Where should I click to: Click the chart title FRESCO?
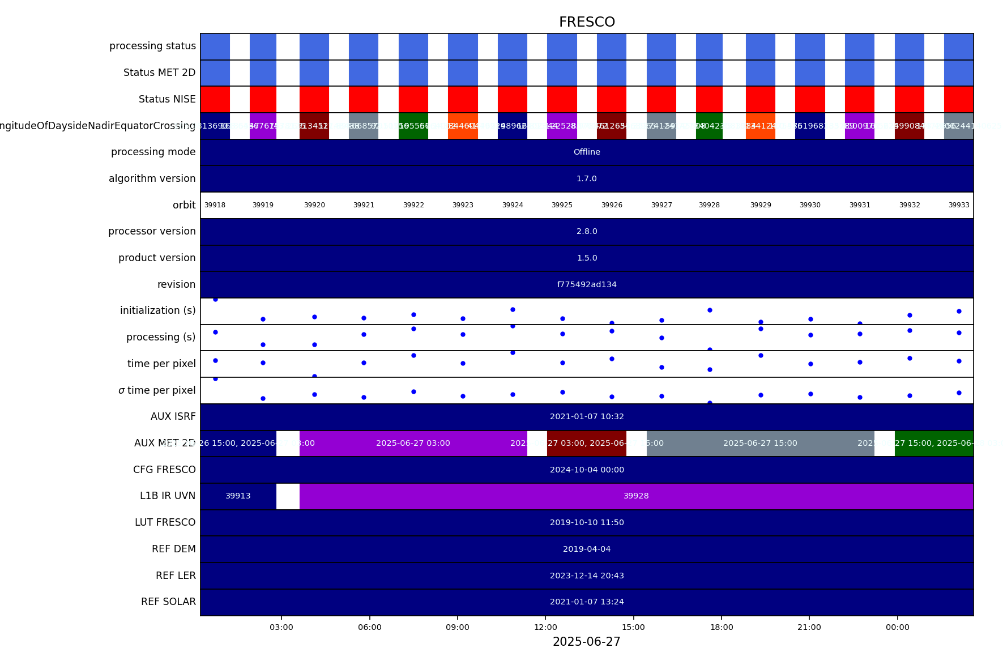587,22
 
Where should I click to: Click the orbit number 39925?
562,205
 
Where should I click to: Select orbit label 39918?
215,205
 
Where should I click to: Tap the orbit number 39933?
959,205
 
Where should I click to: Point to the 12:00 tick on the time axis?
545,627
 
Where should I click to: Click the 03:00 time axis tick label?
281,627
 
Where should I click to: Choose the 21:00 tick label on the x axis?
809,627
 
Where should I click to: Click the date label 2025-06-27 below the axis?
587,642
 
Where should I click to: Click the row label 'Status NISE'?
167,99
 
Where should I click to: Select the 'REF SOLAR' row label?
168,602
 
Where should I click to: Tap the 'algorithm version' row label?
152,178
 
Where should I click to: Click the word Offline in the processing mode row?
587,152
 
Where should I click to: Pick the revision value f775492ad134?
587,284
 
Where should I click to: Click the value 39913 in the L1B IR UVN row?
238,496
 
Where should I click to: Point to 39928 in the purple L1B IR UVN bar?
636,496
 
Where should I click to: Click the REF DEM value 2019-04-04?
587,549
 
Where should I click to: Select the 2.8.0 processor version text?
587,231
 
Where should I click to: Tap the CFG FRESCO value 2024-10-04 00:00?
587,470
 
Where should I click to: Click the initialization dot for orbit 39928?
710,310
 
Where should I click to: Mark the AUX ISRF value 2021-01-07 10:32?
587,416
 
